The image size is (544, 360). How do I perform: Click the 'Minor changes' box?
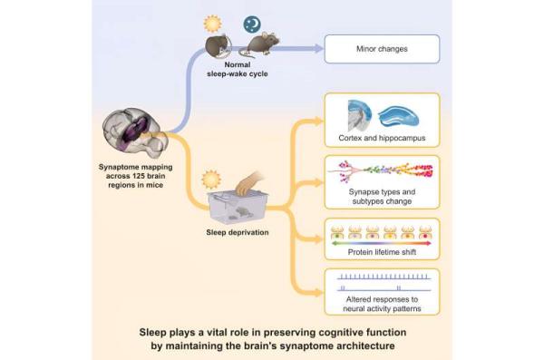pyautogui.click(x=382, y=49)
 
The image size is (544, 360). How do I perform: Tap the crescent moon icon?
pyautogui.click(x=252, y=24)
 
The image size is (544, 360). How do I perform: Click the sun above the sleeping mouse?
pyautogui.click(x=213, y=24)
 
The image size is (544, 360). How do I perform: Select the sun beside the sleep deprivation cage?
pyautogui.click(x=210, y=180)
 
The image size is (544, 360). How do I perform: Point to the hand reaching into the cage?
pyautogui.click(x=249, y=183)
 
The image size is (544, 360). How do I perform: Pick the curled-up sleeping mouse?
pyautogui.click(x=219, y=45)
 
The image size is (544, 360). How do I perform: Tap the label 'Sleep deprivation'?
pyautogui.click(x=238, y=232)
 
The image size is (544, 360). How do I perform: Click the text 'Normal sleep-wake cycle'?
pyautogui.click(x=238, y=69)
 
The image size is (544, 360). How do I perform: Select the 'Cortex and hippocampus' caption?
pyautogui.click(x=382, y=138)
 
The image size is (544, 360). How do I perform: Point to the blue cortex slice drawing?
pyautogui.click(x=359, y=115)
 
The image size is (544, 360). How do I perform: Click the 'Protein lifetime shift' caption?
pyautogui.click(x=382, y=252)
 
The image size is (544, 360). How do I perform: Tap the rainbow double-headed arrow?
pyautogui.click(x=382, y=243)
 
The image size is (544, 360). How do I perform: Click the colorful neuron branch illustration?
pyautogui.click(x=381, y=171)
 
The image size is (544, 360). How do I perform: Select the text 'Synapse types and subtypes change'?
pyautogui.click(x=382, y=197)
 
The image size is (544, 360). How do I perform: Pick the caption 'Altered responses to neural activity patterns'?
pyautogui.click(x=382, y=304)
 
